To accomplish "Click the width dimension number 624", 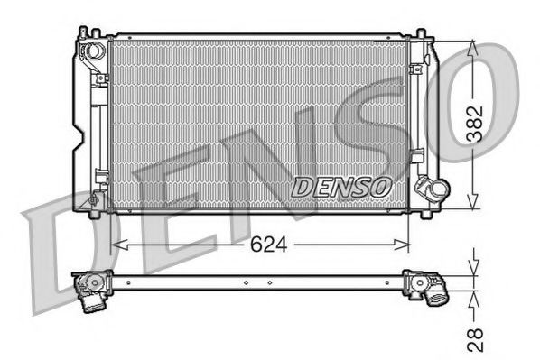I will (262, 245).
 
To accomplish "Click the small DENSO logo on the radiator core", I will (341, 186).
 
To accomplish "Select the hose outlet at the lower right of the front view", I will (435, 191).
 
